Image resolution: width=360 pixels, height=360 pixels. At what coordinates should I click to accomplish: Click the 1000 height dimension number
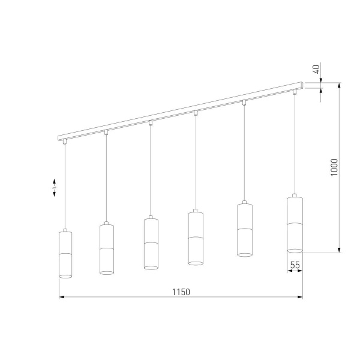pyautogui.click(x=334, y=167)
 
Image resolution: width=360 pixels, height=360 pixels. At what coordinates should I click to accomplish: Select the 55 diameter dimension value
pyautogui.click(x=295, y=265)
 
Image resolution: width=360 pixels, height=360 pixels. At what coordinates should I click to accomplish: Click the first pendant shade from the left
pyautogui.click(x=65, y=254)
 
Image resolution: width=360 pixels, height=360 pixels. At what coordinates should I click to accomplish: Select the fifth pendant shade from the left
pyautogui.click(x=244, y=230)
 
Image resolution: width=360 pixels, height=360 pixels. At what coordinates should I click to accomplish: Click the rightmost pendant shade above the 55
pyautogui.click(x=295, y=223)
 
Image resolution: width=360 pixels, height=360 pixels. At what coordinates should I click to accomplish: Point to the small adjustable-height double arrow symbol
pyautogui.click(x=55, y=188)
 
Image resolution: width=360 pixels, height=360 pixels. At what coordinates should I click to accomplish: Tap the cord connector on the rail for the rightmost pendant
pyautogui.click(x=295, y=92)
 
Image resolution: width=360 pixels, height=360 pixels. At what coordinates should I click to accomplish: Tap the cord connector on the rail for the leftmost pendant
pyautogui.click(x=65, y=143)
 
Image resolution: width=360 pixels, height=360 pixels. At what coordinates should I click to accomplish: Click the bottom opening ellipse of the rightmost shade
pyautogui.click(x=295, y=250)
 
